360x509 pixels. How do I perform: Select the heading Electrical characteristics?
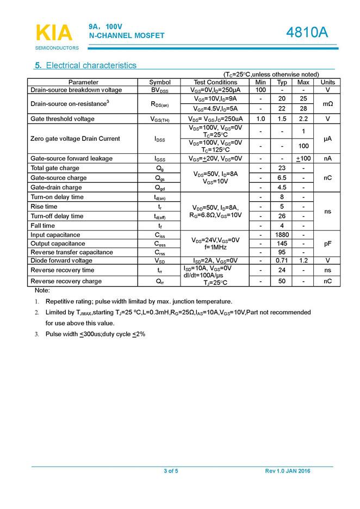(86, 66)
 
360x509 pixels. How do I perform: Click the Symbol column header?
(160, 82)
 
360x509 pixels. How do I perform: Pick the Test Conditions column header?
(215, 82)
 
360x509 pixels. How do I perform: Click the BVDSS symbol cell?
(160, 90)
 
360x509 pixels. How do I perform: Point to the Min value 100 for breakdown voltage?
(260, 90)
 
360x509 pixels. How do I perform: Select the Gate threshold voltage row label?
(63, 119)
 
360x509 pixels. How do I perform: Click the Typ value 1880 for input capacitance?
(282, 235)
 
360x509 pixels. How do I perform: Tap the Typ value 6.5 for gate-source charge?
(282, 178)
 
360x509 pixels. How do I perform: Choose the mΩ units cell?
(328, 103)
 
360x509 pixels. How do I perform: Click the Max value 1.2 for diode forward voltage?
(303, 260)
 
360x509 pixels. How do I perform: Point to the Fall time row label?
(43, 226)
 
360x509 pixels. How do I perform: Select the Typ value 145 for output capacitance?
(282, 244)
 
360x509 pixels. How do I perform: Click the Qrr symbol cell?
(160, 281)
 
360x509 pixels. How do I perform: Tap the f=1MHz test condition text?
(215, 247)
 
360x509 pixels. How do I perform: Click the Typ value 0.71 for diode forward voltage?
(282, 260)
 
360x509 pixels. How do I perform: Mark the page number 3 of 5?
(171, 471)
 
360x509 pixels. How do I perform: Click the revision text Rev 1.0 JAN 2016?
(288, 471)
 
